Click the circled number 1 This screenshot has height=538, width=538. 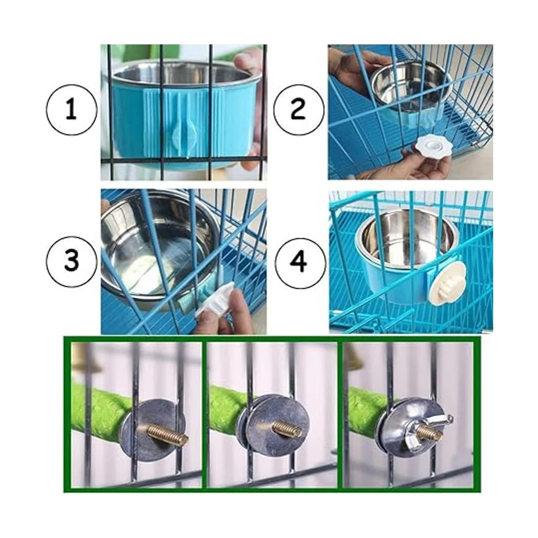click(71, 110)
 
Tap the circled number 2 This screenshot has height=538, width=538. click(299, 110)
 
